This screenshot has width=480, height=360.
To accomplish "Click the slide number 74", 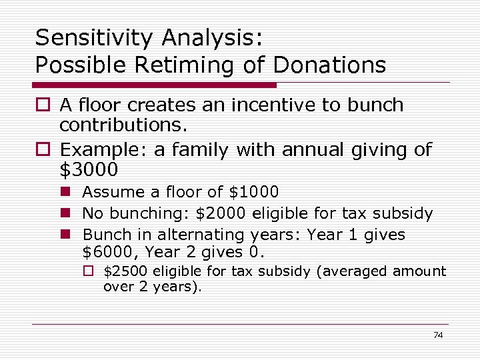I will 437,335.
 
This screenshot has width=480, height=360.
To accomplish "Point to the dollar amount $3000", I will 89,170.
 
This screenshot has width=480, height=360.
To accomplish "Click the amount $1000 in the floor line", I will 253,192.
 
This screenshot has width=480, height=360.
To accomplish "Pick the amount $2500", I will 127,271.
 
